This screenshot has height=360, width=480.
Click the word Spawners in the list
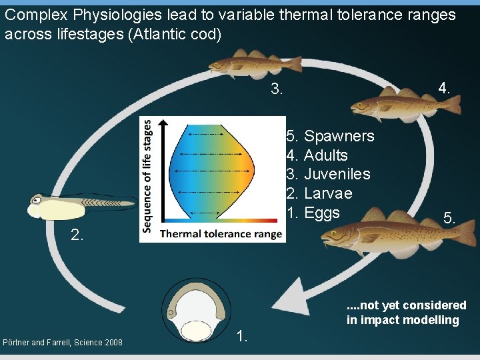[339, 136]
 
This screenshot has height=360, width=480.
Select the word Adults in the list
[325, 155]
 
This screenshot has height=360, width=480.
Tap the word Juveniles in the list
[337, 175]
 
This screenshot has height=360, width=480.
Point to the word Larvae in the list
[328, 194]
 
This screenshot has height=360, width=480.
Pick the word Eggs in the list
[322, 213]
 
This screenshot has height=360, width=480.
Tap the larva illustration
[80, 205]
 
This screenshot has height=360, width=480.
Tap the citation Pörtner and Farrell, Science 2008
[63, 343]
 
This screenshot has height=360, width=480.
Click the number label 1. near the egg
[243, 337]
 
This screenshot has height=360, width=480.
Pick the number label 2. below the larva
[77, 234]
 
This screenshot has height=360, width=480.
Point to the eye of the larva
[39, 199]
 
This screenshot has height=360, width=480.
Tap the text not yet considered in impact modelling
[407, 313]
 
